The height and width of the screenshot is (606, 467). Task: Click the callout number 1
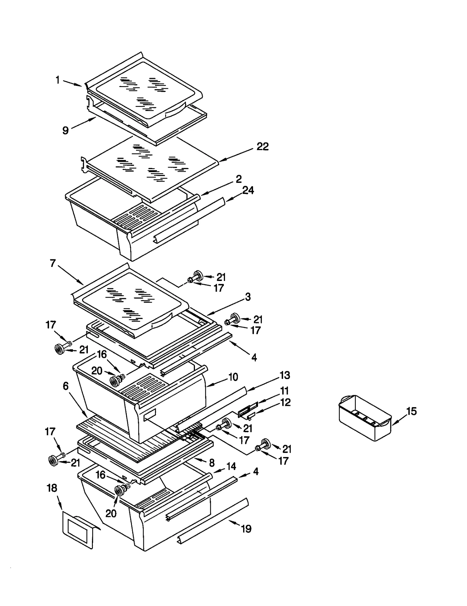[58, 80]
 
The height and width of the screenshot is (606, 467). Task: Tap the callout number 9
[66, 130]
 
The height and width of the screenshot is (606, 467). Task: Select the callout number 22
[262, 146]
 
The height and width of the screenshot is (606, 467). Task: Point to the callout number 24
[248, 190]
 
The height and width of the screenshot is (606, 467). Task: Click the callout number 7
[53, 263]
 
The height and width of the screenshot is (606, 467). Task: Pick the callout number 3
[248, 297]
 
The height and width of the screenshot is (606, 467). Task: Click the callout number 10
[233, 377]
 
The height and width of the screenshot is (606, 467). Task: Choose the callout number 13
[285, 375]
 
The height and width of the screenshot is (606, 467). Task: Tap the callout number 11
[284, 390]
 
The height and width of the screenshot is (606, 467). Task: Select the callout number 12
[285, 402]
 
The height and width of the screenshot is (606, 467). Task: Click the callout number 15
[412, 411]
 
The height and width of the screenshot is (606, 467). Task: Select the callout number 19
[246, 529]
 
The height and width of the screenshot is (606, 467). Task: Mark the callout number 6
[66, 386]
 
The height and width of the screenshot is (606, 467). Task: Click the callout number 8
[212, 463]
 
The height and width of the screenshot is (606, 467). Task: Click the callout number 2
[238, 179]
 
